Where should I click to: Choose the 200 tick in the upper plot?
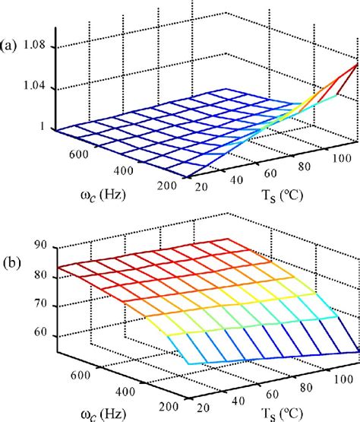pyautogui.click(x=170, y=188)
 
